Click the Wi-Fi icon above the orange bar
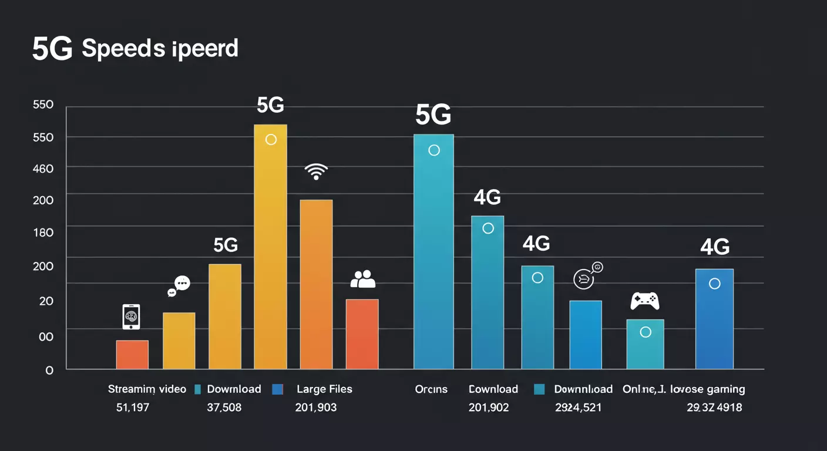tap(316, 171)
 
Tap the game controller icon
tap(644, 301)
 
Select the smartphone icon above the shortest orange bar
tap(131, 317)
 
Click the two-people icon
tap(362, 279)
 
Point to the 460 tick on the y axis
tap(43, 169)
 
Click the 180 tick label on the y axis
tap(43, 233)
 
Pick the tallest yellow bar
tap(270, 247)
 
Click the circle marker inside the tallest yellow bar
tap(271, 140)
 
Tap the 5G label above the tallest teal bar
tap(433, 116)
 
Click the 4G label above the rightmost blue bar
tap(715, 247)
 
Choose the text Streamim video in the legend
tap(147, 389)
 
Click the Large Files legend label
tap(324, 389)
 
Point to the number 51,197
tap(133, 407)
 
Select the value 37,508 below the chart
tap(224, 407)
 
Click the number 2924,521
tap(578, 407)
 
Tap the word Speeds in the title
tap(123, 49)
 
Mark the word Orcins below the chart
tap(431, 389)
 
